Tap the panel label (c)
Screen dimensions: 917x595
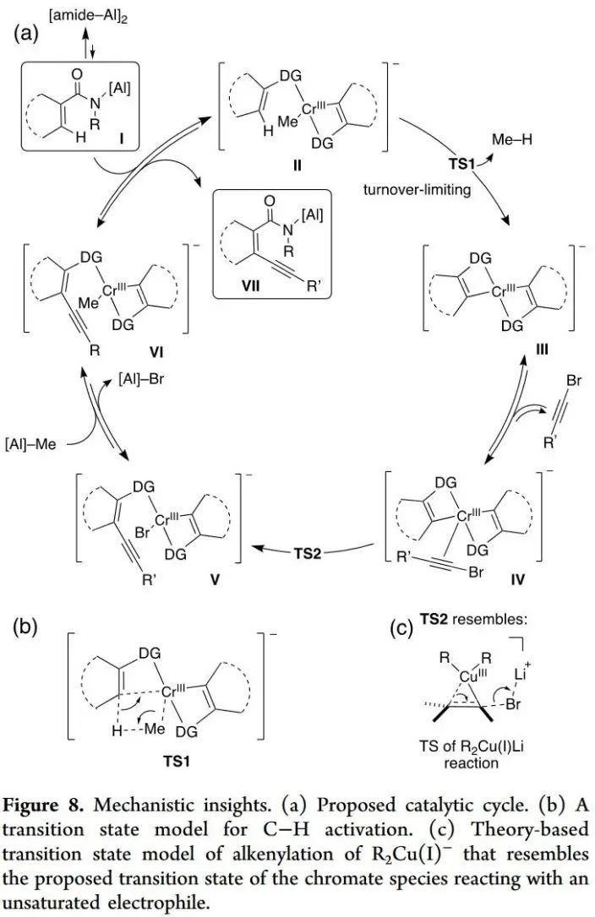tap(401, 628)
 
